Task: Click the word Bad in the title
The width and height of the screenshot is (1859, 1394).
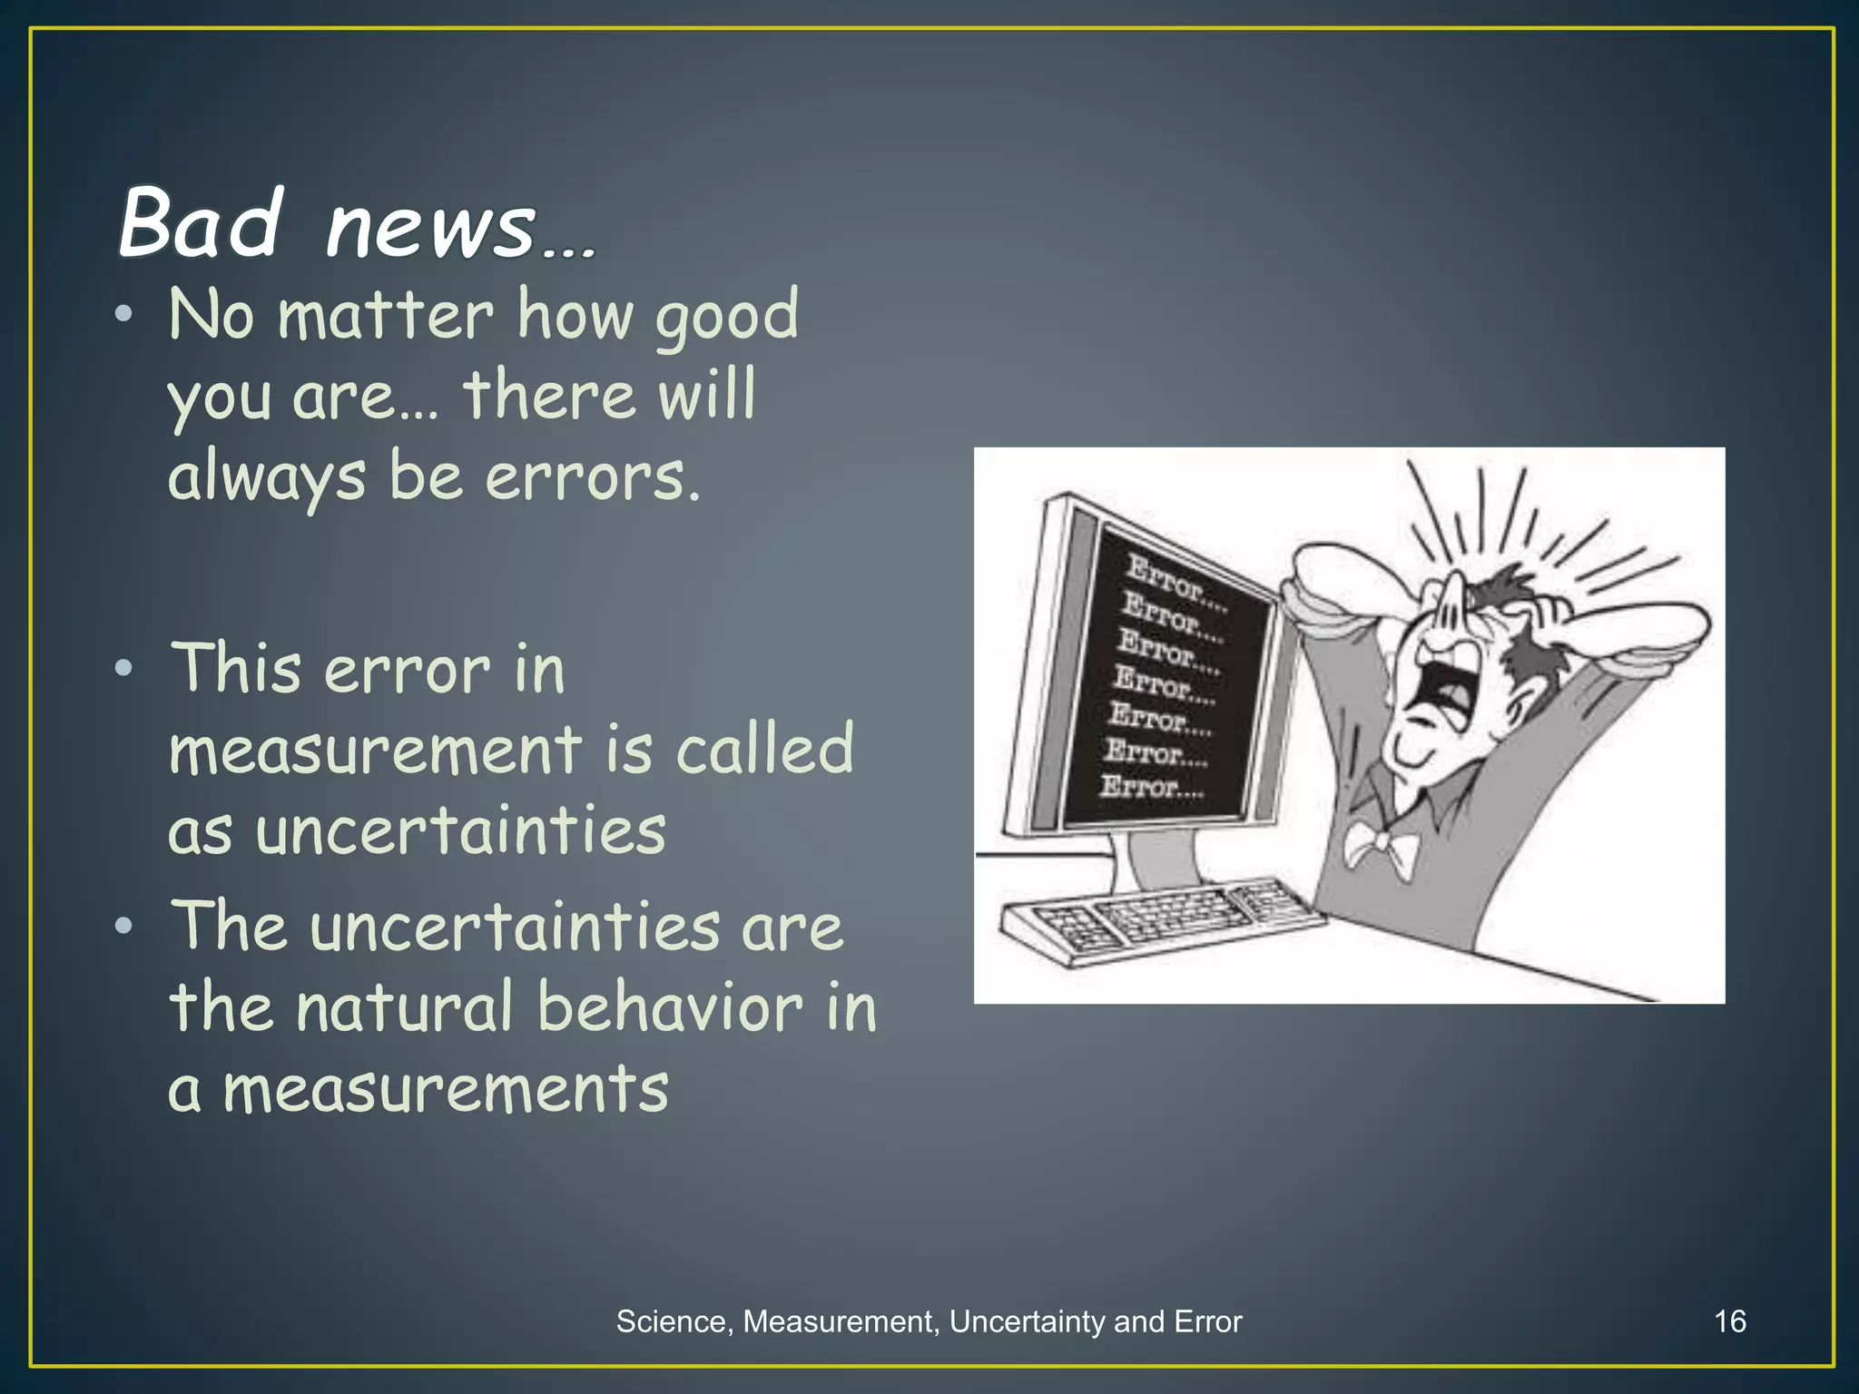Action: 201,222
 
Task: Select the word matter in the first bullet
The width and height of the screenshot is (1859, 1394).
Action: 386,316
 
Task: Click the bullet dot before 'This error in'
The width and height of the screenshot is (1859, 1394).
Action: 123,669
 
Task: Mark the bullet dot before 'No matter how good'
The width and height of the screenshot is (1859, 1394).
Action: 123,315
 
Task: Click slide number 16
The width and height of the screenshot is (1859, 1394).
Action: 1730,1321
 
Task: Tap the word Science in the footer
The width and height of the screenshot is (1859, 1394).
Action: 670,1321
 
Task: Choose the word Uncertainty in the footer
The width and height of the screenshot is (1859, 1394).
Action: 1028,1321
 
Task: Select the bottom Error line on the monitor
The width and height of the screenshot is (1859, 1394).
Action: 1151,786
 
